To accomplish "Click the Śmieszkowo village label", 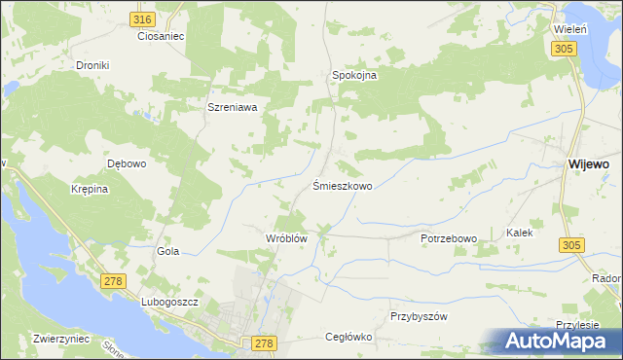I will click(342, 185).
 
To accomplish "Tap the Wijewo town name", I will click(588, 165).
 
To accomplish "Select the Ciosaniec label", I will click(161, 36).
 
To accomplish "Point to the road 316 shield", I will click(142, 19).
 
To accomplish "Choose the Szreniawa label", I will click(232, 108).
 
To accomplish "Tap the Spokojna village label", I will click(354, 75).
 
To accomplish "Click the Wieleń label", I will click(570, 30).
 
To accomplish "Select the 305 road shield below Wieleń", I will click(564, 49).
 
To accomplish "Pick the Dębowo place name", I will click(127, 163).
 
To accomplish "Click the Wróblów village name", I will click(286, 238).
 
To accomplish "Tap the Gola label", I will click(168, 251).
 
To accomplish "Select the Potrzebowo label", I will click(448, 238).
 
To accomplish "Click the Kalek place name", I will click(519, 234).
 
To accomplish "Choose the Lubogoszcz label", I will click(169, 303).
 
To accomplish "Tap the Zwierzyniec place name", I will click(61, 340).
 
